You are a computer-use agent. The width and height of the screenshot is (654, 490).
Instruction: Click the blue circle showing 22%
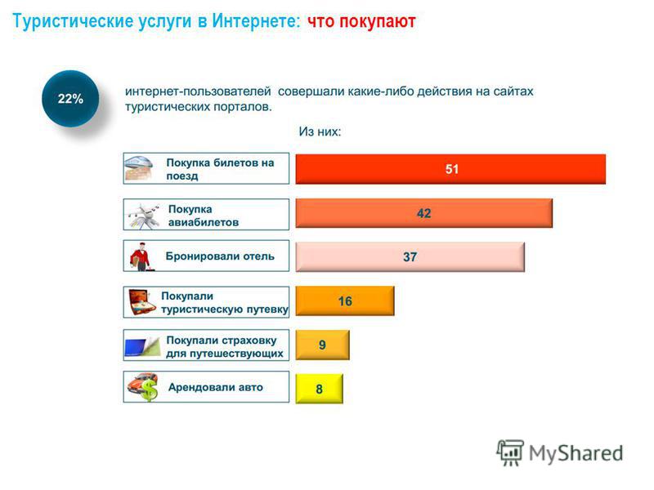70,99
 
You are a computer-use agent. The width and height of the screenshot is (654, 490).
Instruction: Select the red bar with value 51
450,169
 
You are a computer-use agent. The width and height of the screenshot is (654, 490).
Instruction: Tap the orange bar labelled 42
423,213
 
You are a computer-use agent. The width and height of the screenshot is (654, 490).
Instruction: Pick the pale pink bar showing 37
410,256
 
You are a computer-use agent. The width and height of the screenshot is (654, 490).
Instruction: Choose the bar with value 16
345,301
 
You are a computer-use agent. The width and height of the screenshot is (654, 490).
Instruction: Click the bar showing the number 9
322,345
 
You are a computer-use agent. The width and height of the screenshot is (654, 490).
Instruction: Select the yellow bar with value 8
319,389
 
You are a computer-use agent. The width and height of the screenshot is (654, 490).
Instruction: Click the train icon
139,168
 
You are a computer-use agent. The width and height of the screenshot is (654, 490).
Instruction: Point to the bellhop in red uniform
141,256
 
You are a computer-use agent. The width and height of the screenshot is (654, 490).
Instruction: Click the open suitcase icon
142,302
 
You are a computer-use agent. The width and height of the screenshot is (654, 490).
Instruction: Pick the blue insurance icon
142,346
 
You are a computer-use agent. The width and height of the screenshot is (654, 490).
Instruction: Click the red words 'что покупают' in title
361,21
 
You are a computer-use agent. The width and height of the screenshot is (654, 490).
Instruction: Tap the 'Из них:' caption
320,131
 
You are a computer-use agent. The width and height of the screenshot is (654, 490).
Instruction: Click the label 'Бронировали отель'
220,256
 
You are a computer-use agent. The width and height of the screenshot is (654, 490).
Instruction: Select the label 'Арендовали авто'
216,387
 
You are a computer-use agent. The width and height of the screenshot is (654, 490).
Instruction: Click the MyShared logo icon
509,452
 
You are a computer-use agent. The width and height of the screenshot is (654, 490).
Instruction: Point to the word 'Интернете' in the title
256,21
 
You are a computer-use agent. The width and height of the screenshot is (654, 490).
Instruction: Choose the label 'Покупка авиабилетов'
204,216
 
